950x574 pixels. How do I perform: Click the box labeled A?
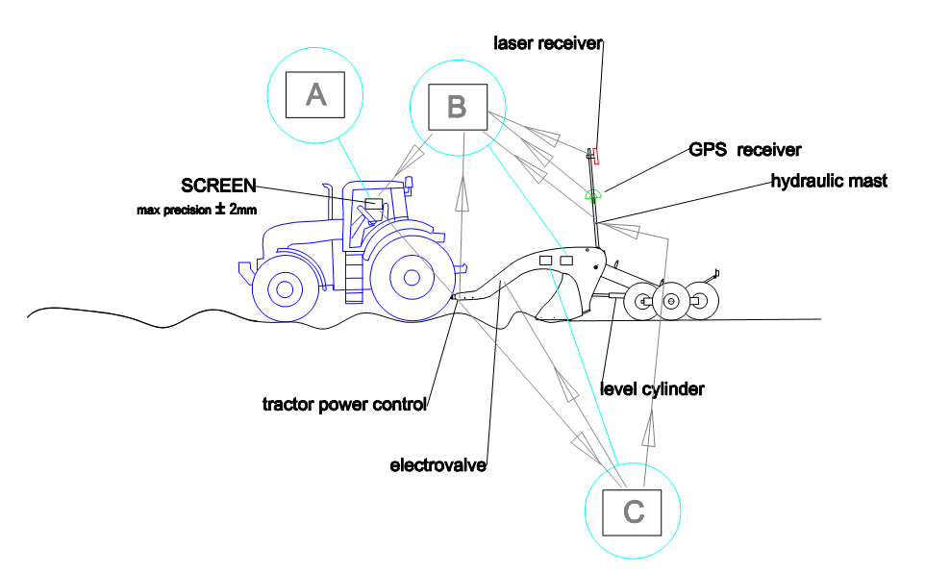click(315, 95)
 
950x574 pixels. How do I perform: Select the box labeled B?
click(458, 108)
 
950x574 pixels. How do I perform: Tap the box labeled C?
click(632, 512)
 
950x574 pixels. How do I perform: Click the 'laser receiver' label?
click(548, 43)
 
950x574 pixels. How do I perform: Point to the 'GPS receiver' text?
click(745, 150)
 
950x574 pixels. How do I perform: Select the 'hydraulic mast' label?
click(829, 181)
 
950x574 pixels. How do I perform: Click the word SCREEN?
click(218, 186)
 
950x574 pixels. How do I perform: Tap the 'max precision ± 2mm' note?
click(197, 210)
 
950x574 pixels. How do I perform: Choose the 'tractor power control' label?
click(344, 404)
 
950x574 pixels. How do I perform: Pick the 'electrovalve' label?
click(438, 465)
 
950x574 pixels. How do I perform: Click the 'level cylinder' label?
click(652, 389)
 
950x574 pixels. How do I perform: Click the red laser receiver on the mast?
click(596, 156)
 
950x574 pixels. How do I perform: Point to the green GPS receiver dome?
click(593, 194)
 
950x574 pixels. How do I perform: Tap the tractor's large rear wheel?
click(412, 278)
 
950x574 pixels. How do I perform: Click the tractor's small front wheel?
click(285, 289)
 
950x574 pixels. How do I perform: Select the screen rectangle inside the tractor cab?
click(374, 204)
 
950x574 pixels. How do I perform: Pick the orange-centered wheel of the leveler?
click(671, 301)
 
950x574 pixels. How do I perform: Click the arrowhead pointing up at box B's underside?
click(462, 192)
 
